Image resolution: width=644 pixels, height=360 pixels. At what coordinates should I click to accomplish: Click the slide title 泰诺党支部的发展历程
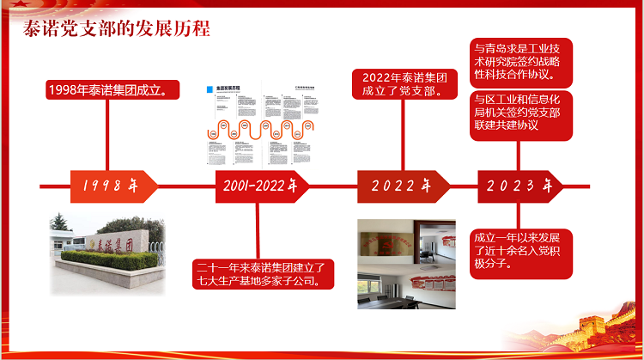tap(116, 29)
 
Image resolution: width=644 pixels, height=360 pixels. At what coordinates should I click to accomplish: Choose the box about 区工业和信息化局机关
tap(522, 113)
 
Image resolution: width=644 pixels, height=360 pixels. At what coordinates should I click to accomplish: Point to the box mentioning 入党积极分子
tap(522, 251)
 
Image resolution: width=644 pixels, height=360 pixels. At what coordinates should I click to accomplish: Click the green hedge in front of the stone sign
tap(103, 259)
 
